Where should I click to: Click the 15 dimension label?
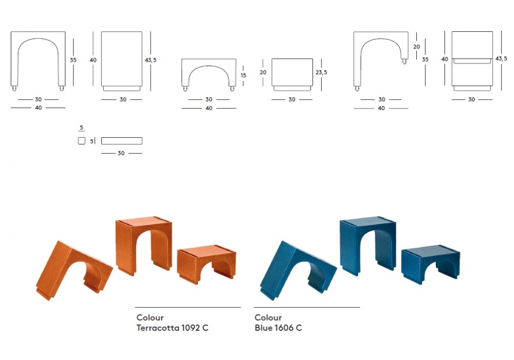coord(243,76)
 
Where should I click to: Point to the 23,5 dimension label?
coord(321,72)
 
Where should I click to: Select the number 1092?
coord(191,328)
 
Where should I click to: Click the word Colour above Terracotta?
coord(150,317)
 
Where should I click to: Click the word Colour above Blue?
coord(268,317)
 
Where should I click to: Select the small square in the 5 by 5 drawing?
coord(82,140)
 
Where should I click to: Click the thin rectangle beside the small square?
coord(122,141)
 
